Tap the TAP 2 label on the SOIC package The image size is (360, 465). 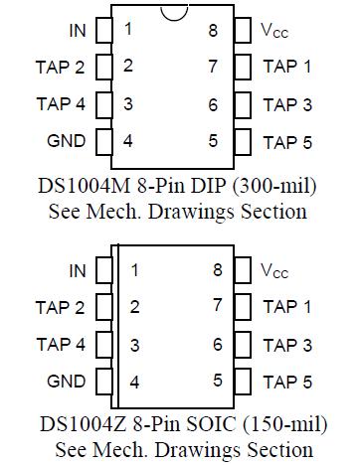pyautogui.click(x=61, y=307)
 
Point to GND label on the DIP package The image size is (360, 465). pyautogui.click(x=66, y=140)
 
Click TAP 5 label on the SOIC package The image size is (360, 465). pyautogui.click(x=287, y=381)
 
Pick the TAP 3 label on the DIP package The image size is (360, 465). pyautogui.click(x=287, y=104)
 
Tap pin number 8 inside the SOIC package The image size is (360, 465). pyautogui.click(x=216, y=269)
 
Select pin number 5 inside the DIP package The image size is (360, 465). pyautogui.click(x=213, y=140)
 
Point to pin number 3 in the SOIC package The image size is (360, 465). pyautogui.click(x=132, y=345)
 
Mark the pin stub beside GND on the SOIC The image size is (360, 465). pyautogui.click(x=103, y=381)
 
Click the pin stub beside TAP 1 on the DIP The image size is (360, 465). pyautogui.click(x=240, y=67)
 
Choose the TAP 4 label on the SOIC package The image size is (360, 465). pyautogui.click(x=61, y=345)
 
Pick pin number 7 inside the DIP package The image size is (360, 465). pyautogui.click(x=213, y=67)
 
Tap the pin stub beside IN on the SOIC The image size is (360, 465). pyautogui.click(x=103, y=269)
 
